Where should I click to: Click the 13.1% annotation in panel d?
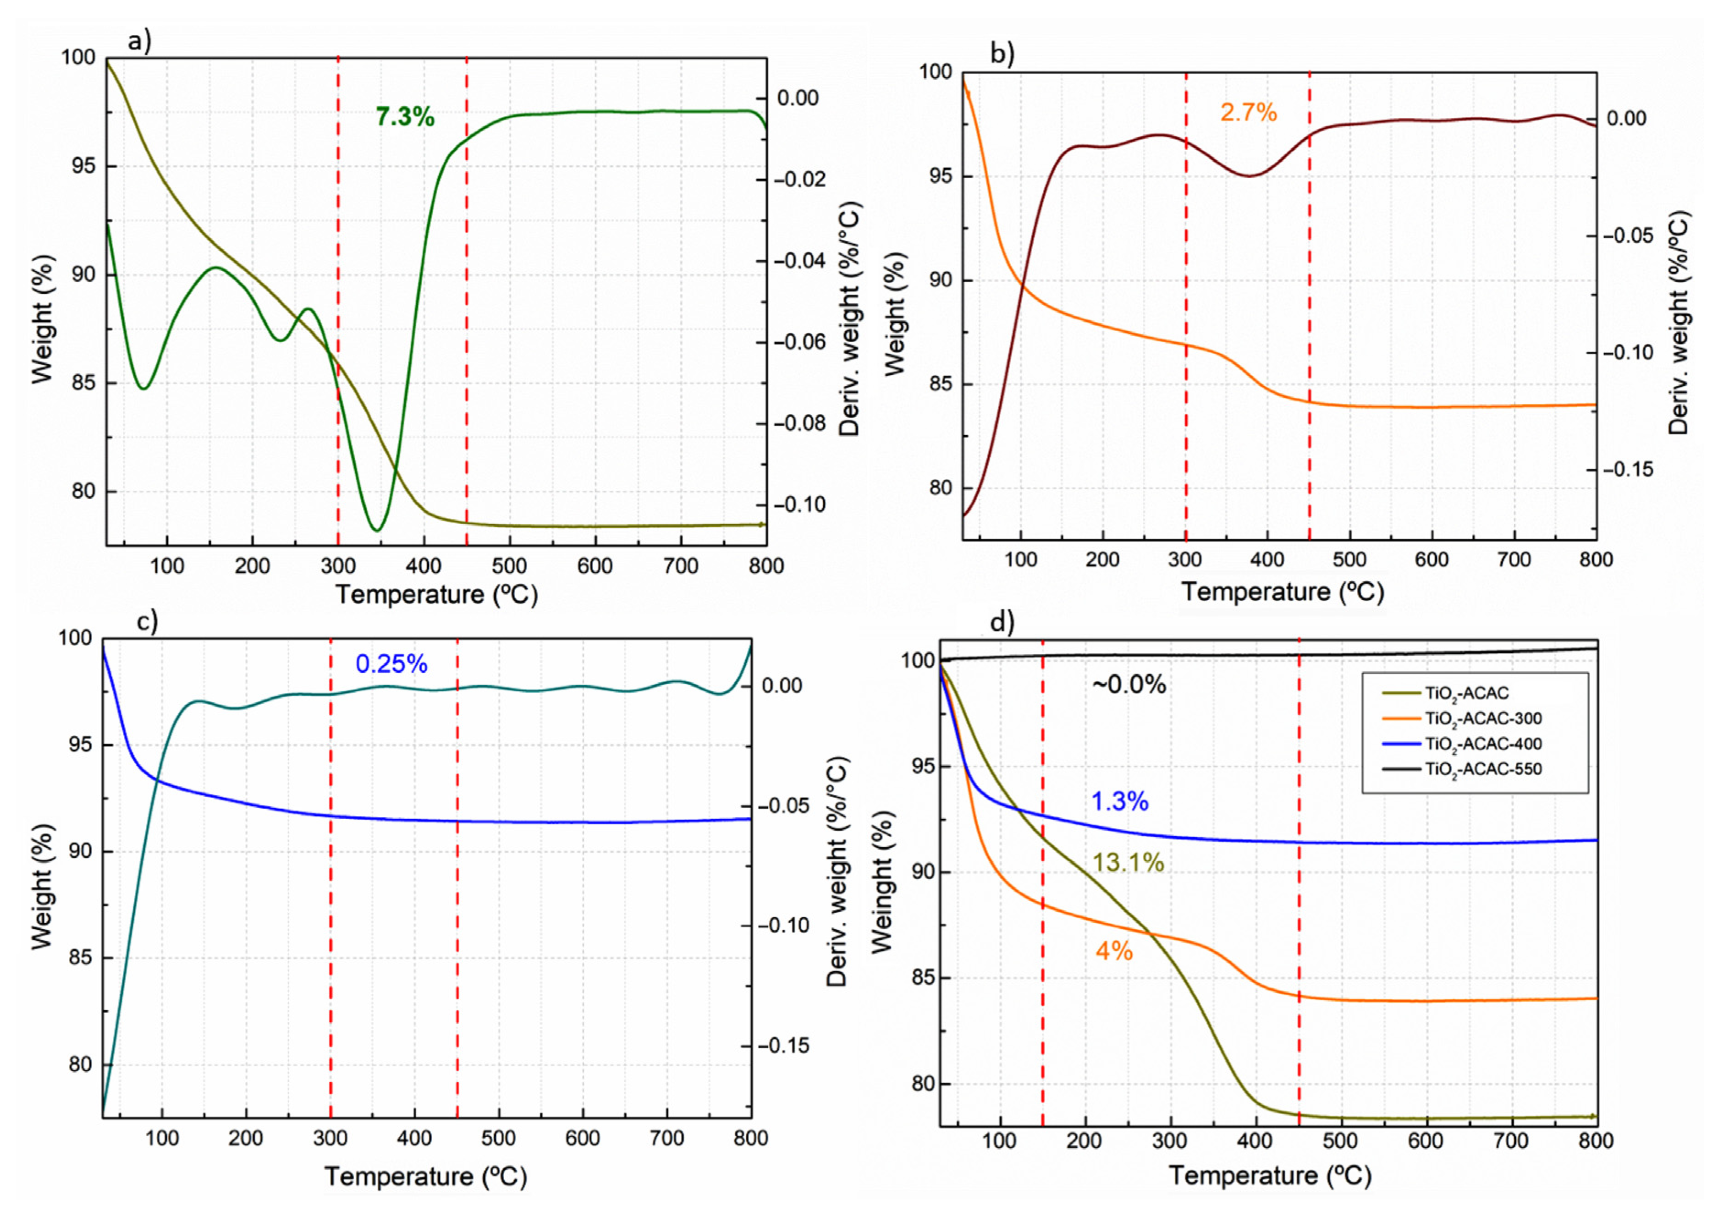pos(1128,863)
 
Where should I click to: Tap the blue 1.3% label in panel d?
pos(1120,801)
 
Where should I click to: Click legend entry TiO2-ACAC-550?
pos(1483,769)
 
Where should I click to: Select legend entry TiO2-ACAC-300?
pos(1483,719)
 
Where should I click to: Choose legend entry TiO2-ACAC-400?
pos(1483,744)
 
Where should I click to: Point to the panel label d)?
pos(1001,621)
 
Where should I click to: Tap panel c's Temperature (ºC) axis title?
pos(425,1176)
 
